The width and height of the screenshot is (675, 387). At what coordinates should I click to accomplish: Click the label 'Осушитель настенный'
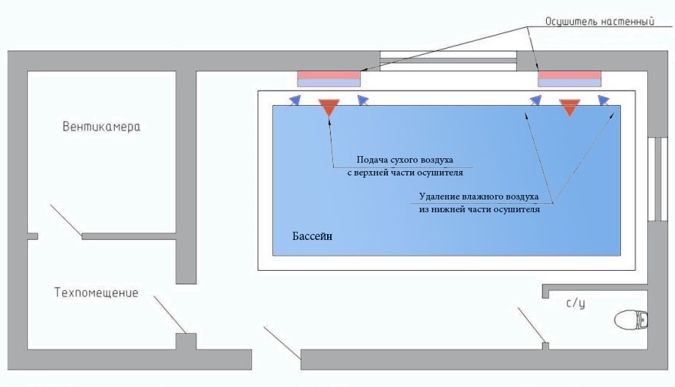600,22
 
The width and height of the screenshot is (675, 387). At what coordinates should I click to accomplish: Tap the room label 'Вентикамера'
101,127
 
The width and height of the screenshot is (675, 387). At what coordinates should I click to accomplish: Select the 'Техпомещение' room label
97,292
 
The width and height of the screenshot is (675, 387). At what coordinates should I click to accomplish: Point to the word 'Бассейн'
312,236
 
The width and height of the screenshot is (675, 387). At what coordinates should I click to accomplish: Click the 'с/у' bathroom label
575,304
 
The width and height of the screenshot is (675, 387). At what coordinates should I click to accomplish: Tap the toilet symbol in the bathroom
631,319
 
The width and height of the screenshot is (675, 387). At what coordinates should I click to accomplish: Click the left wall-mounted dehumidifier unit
329,79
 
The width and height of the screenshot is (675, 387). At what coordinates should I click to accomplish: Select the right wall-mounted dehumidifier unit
569,79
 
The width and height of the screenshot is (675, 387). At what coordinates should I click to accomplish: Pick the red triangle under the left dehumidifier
329,107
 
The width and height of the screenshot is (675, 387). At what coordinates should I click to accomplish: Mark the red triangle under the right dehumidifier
569,107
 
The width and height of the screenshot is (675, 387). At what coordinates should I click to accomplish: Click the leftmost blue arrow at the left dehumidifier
295,100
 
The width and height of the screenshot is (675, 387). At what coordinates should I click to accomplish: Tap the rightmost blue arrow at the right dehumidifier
604,100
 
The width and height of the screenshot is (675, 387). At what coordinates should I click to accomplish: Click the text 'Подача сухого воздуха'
405,160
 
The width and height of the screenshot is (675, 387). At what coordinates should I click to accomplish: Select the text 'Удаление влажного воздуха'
478,196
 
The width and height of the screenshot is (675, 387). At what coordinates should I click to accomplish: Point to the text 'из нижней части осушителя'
479,210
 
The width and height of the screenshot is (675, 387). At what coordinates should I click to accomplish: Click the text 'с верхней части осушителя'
405,172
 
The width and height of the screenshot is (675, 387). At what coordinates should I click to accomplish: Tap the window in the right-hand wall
657,179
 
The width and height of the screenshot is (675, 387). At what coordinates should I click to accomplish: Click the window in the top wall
448,61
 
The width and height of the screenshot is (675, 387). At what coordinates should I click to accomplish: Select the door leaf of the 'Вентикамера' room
66,220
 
